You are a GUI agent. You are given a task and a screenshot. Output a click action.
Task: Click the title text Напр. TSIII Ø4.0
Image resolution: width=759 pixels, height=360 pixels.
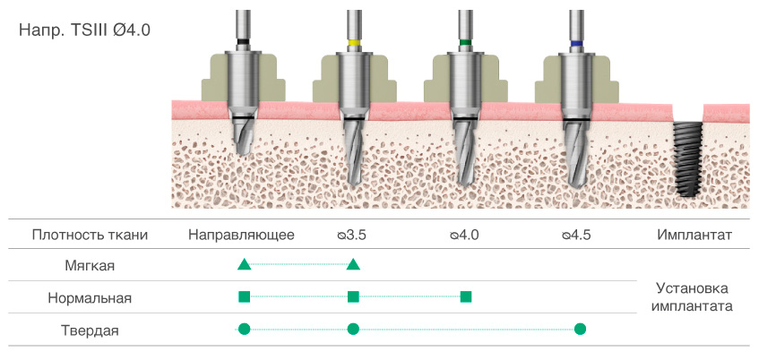point(84,30)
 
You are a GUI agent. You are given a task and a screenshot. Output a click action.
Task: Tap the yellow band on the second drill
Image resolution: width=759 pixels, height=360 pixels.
point(353,43)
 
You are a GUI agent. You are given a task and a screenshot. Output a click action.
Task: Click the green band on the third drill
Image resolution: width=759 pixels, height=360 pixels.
point(465,43)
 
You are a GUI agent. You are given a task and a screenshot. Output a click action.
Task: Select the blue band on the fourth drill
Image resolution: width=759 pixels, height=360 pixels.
point(576,43)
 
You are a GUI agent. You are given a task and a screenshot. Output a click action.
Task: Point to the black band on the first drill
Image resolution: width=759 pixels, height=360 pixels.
point(242,43)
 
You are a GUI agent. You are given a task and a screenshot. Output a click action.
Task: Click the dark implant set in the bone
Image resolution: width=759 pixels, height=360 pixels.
point(686,159)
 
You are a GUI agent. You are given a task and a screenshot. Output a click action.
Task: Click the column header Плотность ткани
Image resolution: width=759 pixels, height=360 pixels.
point(90,236)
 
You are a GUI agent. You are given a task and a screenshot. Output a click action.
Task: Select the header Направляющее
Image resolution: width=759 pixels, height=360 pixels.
point(242,236)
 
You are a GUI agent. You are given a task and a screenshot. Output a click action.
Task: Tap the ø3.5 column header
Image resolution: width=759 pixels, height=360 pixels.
point(352,236)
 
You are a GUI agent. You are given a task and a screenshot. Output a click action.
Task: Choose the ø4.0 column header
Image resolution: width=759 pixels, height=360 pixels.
point(464,236)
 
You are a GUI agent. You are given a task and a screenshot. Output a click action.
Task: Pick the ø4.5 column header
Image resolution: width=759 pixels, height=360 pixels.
point(576,236)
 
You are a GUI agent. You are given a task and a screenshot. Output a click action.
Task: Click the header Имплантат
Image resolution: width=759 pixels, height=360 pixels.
point(694,236)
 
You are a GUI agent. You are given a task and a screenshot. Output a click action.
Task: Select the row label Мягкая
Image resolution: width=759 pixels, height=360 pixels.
point(90,266)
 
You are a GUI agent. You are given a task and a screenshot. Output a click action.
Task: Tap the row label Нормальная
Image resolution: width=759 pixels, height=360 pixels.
point(90,297)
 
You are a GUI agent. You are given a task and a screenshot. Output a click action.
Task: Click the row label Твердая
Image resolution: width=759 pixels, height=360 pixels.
point(90,330)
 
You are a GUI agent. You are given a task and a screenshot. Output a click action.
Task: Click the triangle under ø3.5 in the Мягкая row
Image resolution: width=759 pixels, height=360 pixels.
point(353,264)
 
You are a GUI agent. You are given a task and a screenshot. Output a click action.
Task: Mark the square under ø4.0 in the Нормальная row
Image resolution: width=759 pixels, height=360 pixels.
point(465,296)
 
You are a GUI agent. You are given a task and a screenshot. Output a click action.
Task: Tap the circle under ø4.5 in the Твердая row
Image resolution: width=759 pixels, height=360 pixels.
point(580,329)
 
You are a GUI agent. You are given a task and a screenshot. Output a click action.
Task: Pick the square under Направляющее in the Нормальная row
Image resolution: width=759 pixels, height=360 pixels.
point(244,296)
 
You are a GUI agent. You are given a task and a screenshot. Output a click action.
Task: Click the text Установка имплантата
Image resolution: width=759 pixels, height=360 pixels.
point(693,297)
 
